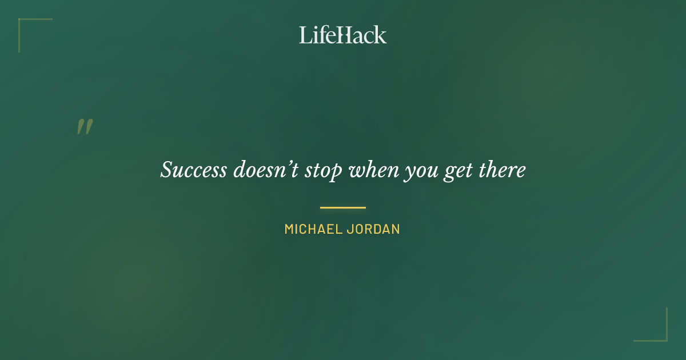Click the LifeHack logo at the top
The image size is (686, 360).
click(343, 35)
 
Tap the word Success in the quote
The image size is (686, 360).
click(193, 170)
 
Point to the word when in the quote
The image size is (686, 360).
click(373, 170)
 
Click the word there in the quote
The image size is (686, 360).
click(501, 170)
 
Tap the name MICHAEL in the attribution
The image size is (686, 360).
click(313, 229)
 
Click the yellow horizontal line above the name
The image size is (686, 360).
click(343, 207)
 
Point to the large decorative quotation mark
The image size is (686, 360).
click(85, 127)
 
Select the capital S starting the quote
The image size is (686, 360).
click(167, 170)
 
